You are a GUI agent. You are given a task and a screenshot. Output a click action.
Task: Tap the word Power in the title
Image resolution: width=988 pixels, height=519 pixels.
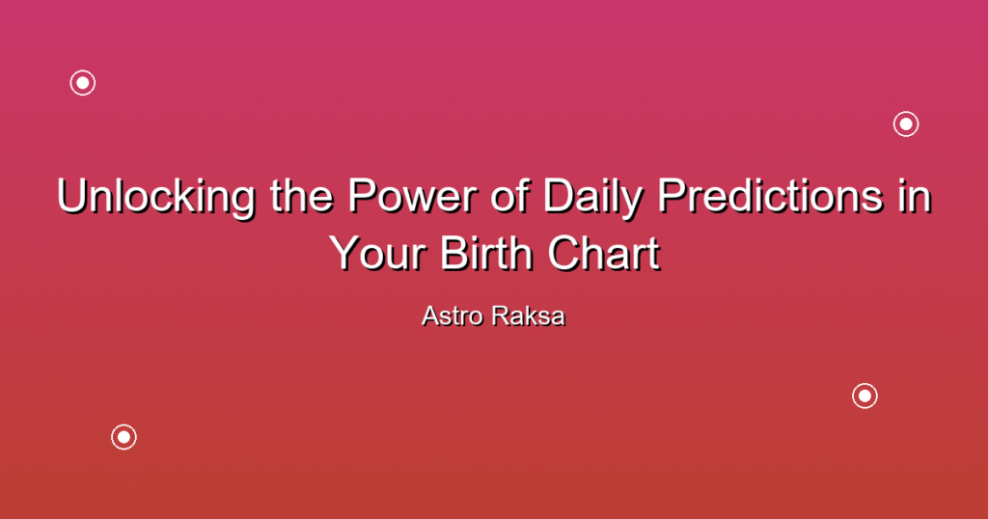coord(412,196)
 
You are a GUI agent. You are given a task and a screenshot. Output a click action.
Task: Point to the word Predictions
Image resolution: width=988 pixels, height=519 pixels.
coord(769,196)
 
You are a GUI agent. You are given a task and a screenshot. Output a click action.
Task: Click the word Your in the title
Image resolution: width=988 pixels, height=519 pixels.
coord(378,254)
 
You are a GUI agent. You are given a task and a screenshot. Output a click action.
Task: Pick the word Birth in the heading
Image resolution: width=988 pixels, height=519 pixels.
coord(487,254)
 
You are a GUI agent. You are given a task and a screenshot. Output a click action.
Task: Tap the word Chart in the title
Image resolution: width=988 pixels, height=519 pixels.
coord(604,254)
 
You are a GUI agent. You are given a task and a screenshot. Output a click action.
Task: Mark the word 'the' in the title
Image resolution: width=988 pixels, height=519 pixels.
coord(302,196)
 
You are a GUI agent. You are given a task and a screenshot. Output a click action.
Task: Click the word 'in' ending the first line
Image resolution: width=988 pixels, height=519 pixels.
coord(913,196)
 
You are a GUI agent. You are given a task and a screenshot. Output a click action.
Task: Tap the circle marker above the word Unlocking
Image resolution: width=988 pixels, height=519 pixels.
coord(83,83)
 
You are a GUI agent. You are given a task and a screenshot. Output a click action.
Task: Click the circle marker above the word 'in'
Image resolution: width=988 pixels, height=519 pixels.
coord(906,124)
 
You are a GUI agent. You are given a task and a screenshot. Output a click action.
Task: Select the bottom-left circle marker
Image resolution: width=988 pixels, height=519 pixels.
coord(123,437)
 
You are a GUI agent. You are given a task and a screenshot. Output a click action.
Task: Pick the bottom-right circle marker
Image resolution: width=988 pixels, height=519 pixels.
coord(864,396)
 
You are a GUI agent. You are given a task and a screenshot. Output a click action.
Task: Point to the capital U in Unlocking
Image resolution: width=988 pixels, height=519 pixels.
coord(72,196)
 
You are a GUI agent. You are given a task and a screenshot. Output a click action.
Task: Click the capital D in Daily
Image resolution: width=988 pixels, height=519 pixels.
coord(561,196)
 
